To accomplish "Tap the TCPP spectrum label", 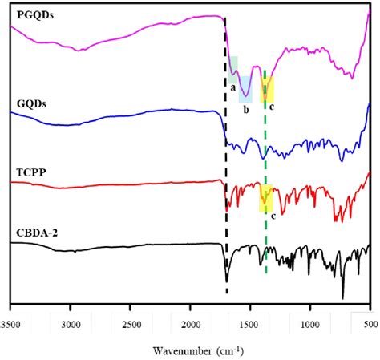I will click(26, 172).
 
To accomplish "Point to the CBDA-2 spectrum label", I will click(33, 233).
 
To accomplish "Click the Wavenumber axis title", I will click(189, 350).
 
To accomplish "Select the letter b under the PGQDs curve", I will click(245, 108).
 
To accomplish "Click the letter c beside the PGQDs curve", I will click(271, 106).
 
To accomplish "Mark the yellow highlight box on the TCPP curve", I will click(266, 198).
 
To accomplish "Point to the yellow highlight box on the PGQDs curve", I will click(268, 88).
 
